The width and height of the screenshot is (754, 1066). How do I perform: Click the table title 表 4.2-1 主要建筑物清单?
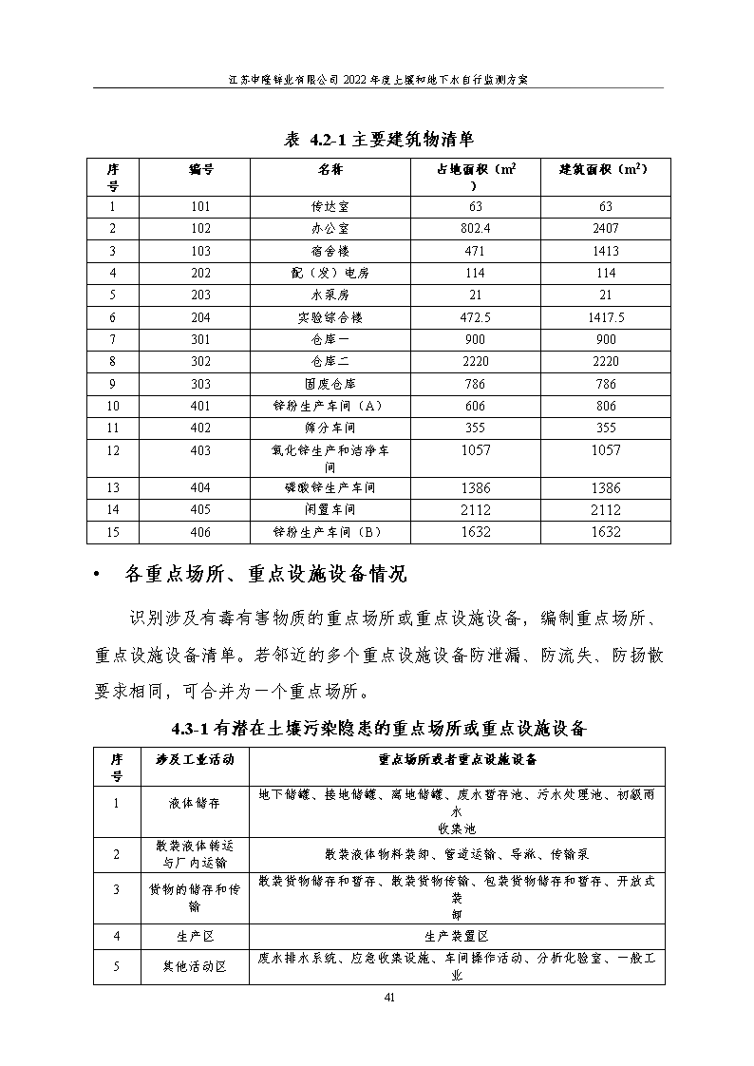(x=379, y=139)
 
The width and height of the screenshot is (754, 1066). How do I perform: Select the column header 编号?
(x=200, y=169)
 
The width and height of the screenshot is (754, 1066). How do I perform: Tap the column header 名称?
(x=330, y=169)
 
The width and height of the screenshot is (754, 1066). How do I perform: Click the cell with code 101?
(x=200, y=207)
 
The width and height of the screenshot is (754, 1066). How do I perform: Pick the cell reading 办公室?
(x=330, y=229)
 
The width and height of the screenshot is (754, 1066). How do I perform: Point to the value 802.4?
(x=475, y=229)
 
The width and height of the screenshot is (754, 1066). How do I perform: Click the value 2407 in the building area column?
(x=605, y=229)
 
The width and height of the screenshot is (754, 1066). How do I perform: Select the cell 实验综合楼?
(x=330, y=317)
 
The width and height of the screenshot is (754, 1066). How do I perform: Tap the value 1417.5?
(x=605, y=317)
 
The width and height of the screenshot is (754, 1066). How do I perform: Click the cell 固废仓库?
(x=330, y=384)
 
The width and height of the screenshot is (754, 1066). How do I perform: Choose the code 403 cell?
(x=200, y=451)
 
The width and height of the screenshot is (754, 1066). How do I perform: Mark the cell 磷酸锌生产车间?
(x=330, y=488)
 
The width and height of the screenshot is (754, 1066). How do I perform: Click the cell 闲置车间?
(x=330, y=510)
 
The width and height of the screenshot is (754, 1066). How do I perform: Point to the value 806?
(x=605, y=406)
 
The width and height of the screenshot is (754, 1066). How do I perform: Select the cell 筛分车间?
(x=330, y=428)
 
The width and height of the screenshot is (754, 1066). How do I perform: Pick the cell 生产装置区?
(x=457, y=936)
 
